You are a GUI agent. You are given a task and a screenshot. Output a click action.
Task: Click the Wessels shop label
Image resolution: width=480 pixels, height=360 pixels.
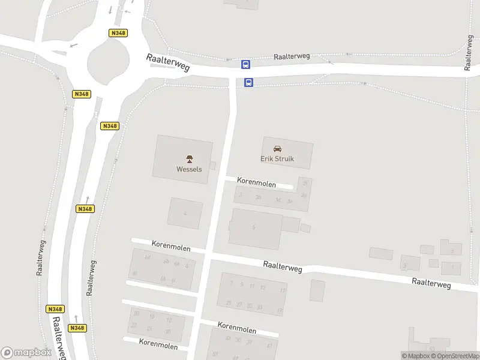[189, 169]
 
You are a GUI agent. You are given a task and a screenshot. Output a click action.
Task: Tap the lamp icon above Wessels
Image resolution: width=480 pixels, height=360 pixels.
[189, 159]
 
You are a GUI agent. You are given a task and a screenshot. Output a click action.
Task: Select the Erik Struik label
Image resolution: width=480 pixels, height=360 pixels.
[277, 159]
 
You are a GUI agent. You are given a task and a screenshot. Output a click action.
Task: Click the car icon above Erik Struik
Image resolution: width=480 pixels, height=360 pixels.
[277, 149]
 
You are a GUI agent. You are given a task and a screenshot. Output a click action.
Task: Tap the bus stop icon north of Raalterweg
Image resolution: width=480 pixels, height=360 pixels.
[246, 64]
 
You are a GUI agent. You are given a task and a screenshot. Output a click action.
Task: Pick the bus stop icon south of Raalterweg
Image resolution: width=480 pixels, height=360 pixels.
[248, 82]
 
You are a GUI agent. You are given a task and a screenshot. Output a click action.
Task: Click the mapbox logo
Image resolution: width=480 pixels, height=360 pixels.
[26, 353]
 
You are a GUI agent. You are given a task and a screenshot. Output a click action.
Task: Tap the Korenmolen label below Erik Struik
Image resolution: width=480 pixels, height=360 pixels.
[256, 180]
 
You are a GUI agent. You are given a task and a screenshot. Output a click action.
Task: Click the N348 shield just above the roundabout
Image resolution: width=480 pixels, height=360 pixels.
[118, 33]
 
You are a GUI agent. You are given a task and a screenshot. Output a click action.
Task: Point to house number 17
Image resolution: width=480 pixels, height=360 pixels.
[282, 291]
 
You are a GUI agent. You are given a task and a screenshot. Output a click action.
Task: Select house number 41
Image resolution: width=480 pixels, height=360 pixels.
[269, 346]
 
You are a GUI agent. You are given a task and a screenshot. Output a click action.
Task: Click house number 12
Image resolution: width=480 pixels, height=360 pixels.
[169, 320]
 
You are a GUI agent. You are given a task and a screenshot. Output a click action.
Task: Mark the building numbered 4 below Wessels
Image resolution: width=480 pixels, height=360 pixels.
[185, 213]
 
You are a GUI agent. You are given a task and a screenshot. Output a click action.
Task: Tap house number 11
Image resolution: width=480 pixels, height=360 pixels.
[252, 286]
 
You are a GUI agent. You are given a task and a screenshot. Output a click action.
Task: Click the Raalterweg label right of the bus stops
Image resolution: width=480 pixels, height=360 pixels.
[292, 56]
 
